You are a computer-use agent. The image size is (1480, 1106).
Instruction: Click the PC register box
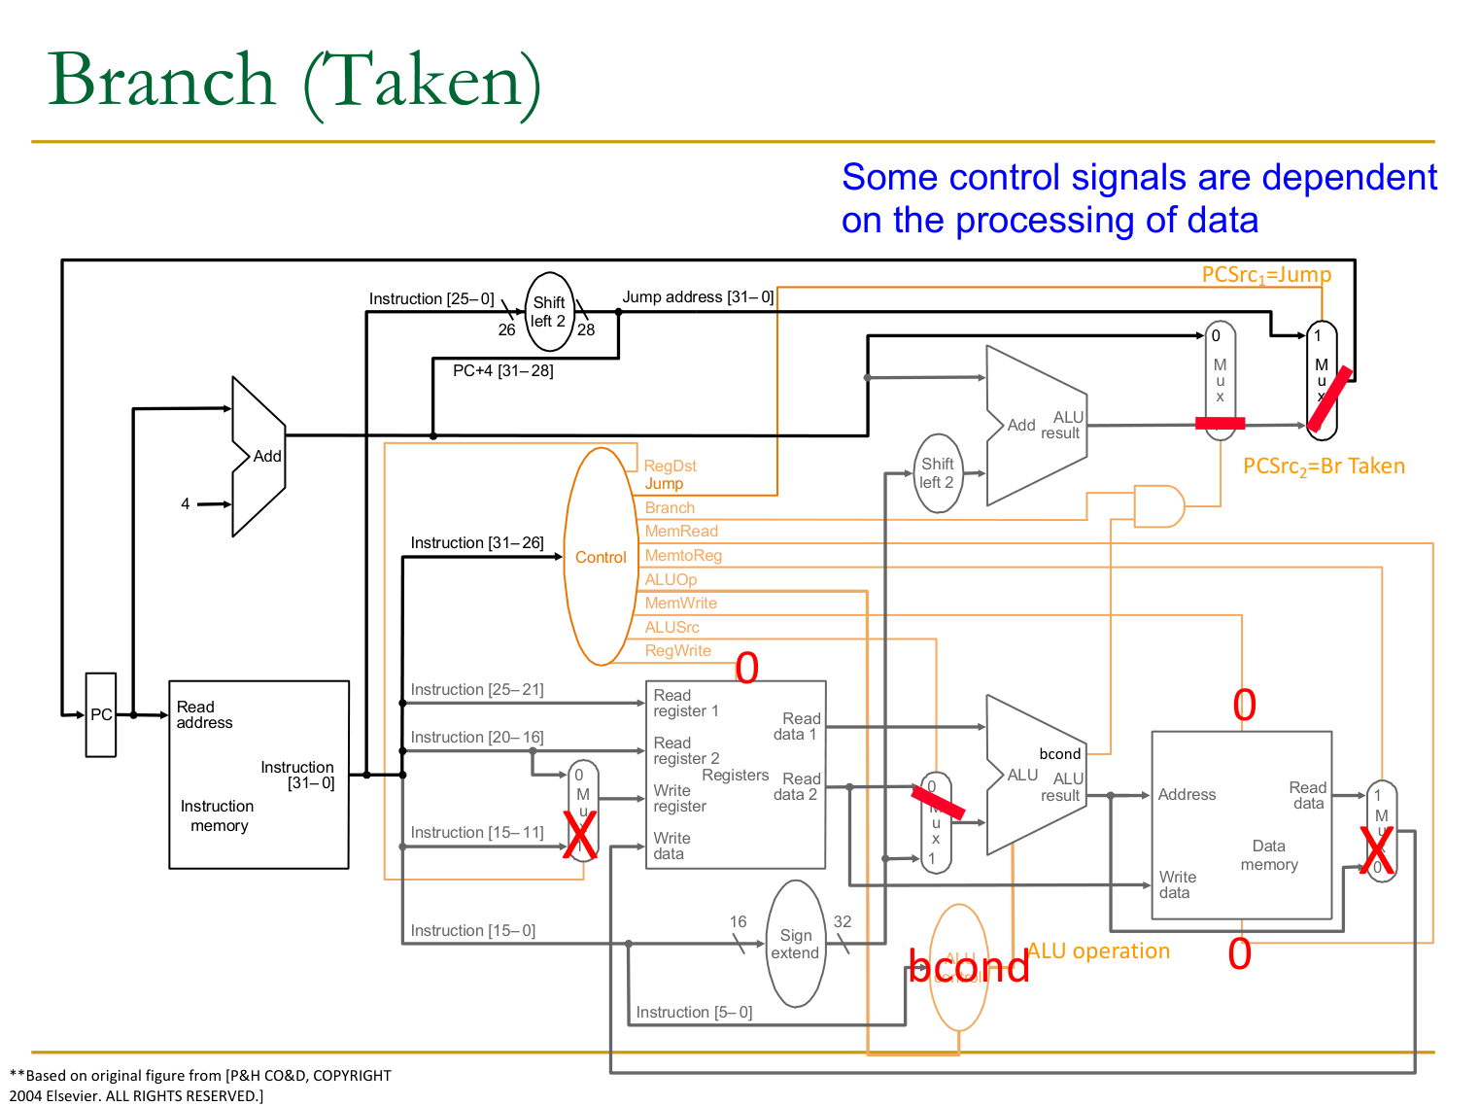click(x=101, y=714)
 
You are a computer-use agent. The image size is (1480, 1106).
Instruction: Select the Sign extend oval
click(x=796, y=944)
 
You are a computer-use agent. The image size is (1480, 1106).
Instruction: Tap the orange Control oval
click(x=601, y=557)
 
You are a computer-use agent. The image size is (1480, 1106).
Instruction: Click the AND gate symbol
click(x=1158, y=506)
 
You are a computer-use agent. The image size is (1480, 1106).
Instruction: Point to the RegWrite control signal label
click(x=677, y=651)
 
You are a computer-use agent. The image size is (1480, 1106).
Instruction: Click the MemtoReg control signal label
click(x=683, y=556)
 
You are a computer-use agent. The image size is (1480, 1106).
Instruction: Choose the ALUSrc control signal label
click(x=671, y=628)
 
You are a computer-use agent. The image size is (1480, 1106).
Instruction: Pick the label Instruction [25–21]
click(x=477, y=690)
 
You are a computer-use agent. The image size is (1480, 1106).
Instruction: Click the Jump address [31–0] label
click(x=698, y=297)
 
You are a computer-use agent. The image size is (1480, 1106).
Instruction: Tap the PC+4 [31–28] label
click(x=502, y=371)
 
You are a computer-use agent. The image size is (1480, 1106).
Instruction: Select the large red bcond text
click(x=968, y=967)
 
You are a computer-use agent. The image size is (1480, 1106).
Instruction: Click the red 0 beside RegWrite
click(x=746, y=668)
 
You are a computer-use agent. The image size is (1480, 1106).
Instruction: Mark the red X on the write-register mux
click(x=580, y=835)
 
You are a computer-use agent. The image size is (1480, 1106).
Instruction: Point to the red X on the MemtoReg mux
click(x=1376, y=849)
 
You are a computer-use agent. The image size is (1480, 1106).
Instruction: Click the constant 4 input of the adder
click(x=186, y=503)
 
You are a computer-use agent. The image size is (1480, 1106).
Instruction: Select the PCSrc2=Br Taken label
click(x=1324, y=467)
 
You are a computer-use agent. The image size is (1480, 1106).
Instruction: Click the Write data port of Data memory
click(x=1176, y=884)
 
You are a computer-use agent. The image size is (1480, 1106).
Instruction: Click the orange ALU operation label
click(x=1098, y=951)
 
